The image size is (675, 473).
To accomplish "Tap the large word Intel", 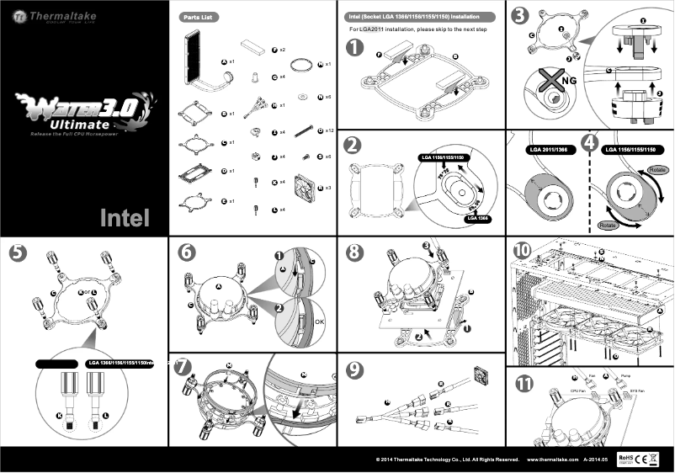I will (x=125, y=218).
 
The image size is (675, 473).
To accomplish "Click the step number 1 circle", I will (x=355, y=49).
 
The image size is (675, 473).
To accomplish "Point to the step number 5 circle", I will (x=16, y=252).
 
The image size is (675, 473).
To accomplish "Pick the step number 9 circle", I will (x=355, y=368).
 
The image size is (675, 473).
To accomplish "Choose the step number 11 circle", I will (x=524, y=384).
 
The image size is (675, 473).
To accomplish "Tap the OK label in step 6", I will (x=318, y=322).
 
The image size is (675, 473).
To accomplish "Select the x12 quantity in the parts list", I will (x=329, y=131).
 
